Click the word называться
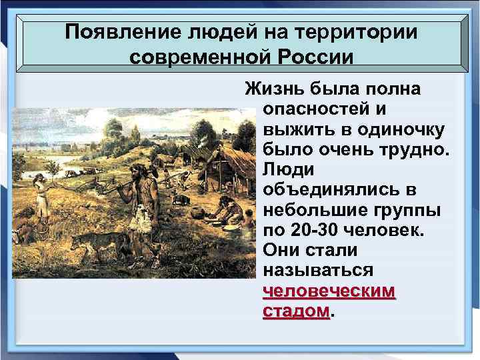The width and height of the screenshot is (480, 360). tap(313, 272)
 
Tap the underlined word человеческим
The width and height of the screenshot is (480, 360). tap(329, 291)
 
